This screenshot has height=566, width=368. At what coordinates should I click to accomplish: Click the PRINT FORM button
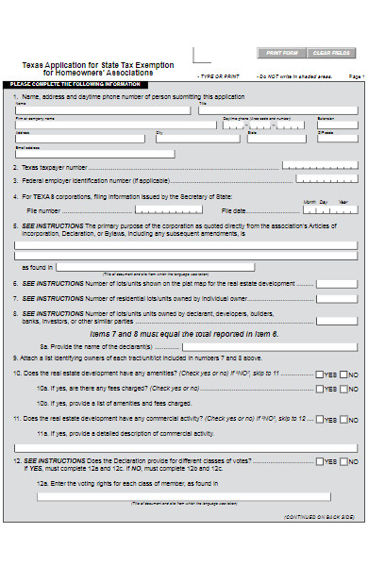282,53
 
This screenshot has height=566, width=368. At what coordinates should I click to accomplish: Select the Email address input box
94,154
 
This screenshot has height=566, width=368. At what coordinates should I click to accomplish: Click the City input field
199,140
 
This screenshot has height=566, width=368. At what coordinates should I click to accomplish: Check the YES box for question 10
320,375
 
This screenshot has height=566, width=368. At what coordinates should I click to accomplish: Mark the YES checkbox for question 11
320,417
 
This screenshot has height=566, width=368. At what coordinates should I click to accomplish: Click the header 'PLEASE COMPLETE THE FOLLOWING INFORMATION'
66,85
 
